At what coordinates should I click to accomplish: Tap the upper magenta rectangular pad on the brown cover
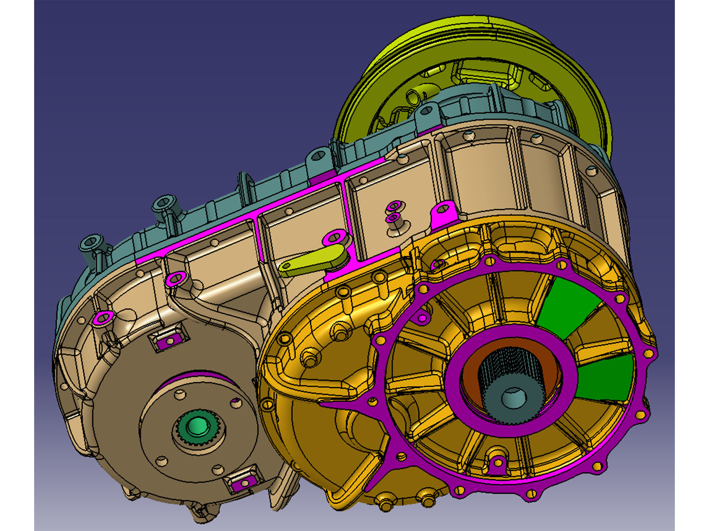tap(169, 340)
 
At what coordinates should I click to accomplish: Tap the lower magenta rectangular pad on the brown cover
tap(242, 483)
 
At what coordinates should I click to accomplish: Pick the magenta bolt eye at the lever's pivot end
tap(335, 237)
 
